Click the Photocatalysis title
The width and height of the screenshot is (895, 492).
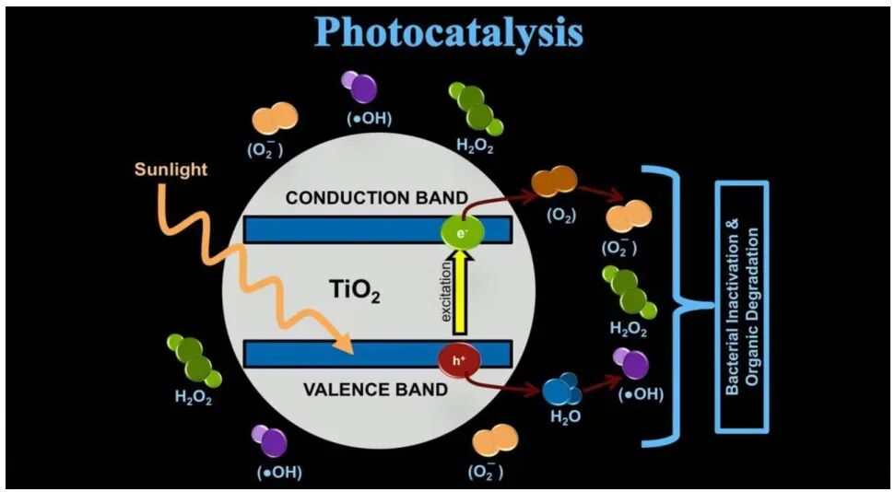pyautogui.click(x=449, y=31)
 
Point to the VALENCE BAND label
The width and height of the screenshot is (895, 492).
pyautogui.click(x=375, y=389)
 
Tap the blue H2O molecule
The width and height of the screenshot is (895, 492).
pyautogui.click(x=560, y=389)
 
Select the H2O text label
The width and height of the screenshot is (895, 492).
pyautogui.click(x=564, y=416)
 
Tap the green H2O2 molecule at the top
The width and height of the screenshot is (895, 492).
pyautogui.click(x=477, y=108)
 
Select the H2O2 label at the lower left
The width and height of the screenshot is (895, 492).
pyautogui.click(x=194, y=398)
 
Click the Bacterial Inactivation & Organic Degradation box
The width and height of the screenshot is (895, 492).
pyautogui.click(x=741, y=306)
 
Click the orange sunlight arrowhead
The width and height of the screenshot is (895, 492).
pyautogui.click(x=343, y=343)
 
